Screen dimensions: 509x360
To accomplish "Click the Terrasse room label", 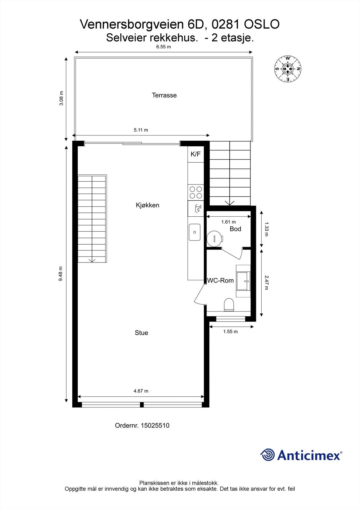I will point(164,95).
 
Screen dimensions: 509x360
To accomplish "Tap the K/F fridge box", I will point(195,154).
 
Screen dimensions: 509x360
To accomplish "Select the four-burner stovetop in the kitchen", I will point(195,192).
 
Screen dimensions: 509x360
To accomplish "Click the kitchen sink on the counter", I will point(194,232).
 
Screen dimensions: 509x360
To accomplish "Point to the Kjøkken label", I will point(147,205).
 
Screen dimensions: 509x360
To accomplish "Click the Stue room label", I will point(141,333).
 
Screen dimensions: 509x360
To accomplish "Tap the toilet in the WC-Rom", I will point(229,304).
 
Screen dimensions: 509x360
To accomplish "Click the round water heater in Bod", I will point(215,238).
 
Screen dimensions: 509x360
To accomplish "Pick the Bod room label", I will point(235,229).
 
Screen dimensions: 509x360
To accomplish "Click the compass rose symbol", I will point(288,69).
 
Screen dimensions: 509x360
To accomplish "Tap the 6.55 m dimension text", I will point(163,47).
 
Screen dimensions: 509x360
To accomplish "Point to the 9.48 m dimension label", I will point(61,274).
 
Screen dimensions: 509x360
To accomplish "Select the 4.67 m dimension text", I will point(141,391).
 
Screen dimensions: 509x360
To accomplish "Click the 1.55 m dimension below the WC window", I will point(230,331).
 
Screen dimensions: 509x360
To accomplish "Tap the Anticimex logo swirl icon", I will point(267,455).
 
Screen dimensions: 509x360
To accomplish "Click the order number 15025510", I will point(155,425).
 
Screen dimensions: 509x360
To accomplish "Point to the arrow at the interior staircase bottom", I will point(92,260).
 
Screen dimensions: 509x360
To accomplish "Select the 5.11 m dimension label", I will point(141,130).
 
